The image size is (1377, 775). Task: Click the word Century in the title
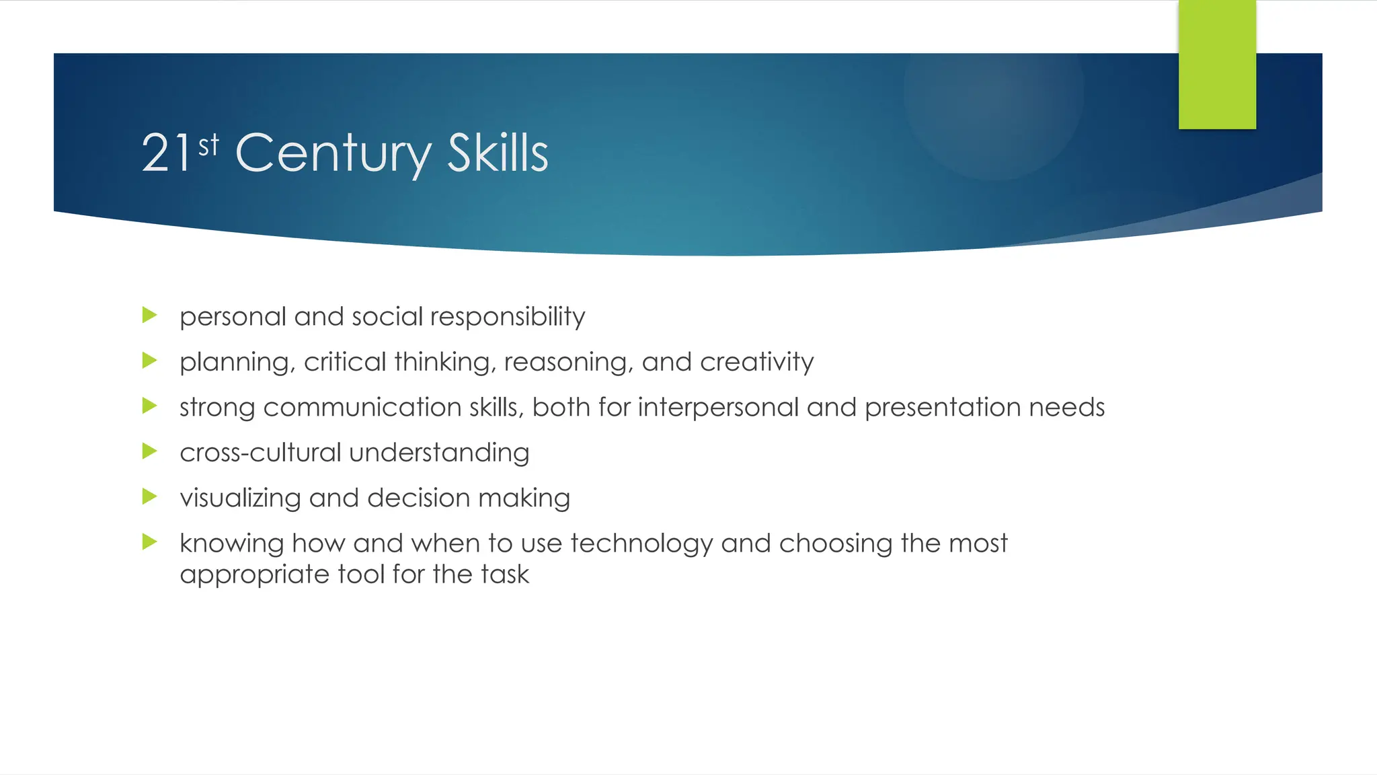[333, 153]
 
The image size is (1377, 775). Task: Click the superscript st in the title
[208, 145]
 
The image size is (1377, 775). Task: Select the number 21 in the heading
[166, 153]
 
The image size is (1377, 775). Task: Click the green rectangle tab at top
[1217, 64]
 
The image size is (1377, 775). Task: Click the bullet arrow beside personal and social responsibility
[150, 315]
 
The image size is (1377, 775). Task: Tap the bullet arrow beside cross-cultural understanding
[150, 451]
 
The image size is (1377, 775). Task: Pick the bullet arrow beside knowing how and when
[150, 542]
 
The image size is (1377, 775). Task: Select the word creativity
[756, 362]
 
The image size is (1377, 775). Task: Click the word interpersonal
[717, 408]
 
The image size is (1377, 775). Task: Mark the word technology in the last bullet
[641, 544]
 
